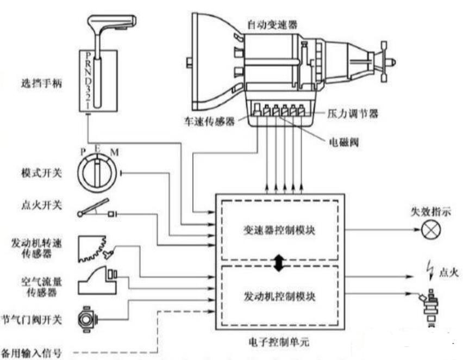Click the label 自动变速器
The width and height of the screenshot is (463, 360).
coord(272,25)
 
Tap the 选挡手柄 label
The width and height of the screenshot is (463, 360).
coord(41,83)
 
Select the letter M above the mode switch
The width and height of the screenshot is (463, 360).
coord(114,152)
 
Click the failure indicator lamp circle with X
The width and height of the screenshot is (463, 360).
coord(431,229)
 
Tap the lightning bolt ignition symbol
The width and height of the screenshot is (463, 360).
coord(430,270)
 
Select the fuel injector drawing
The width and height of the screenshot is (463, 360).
coord(430,307)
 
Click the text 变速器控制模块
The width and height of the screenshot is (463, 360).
coord(279,230)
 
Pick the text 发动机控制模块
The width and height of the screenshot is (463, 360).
coord(279,296)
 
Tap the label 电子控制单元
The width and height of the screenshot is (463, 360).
coord(279,342)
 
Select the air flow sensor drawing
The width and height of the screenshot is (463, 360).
coord(97,280)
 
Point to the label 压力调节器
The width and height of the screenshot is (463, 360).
coord(353,114)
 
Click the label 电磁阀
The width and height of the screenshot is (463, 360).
coord(343,142)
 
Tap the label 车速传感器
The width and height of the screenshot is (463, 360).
coord(209,121)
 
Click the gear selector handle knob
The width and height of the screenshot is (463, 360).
coord(112,22)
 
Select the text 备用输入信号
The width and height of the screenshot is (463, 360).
coord(32,353)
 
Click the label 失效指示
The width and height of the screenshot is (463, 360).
coord(431,212)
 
